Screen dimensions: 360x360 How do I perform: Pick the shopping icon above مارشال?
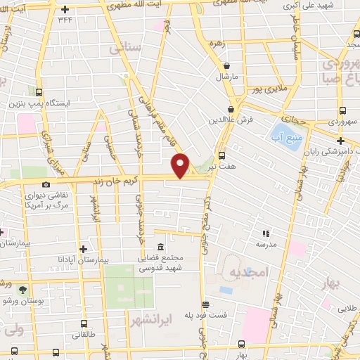(x=227, y=66)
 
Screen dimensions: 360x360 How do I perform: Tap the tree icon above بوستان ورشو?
(x=22, y=289)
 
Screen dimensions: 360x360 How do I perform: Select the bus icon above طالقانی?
(x=84, y=325)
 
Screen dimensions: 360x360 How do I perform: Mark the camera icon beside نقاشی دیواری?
(x=46, y=184)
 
